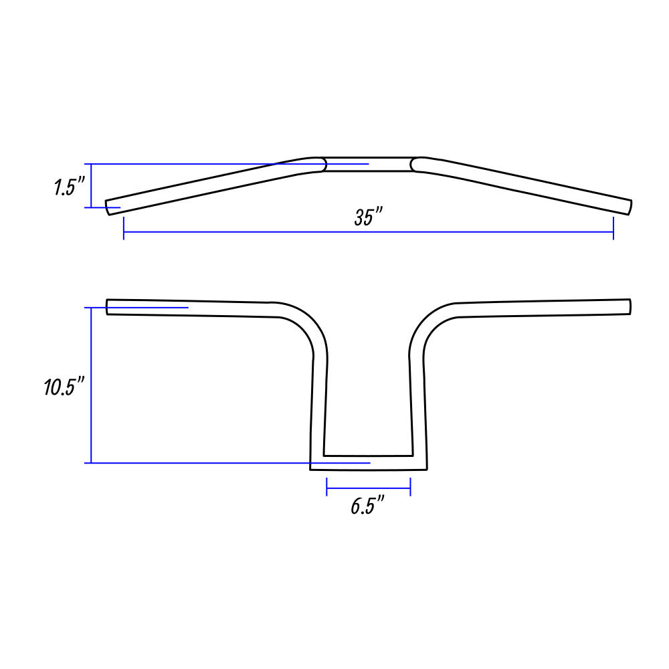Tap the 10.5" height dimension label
pos(65,387)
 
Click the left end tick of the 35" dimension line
pos(124,228)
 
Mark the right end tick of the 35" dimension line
pos(613,228)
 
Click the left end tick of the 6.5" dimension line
pos(327,487)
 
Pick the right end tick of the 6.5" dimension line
pos(410,487)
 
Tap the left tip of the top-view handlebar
pos(108,207)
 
